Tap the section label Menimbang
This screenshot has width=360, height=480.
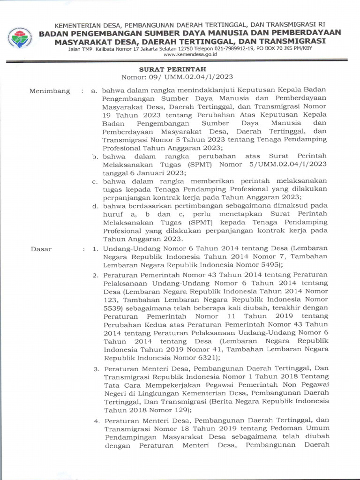(50, 90)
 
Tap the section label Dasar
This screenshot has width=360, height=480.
(41, 249)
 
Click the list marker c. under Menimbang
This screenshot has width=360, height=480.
(95, 181)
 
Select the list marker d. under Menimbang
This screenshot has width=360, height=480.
(95, 206)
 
